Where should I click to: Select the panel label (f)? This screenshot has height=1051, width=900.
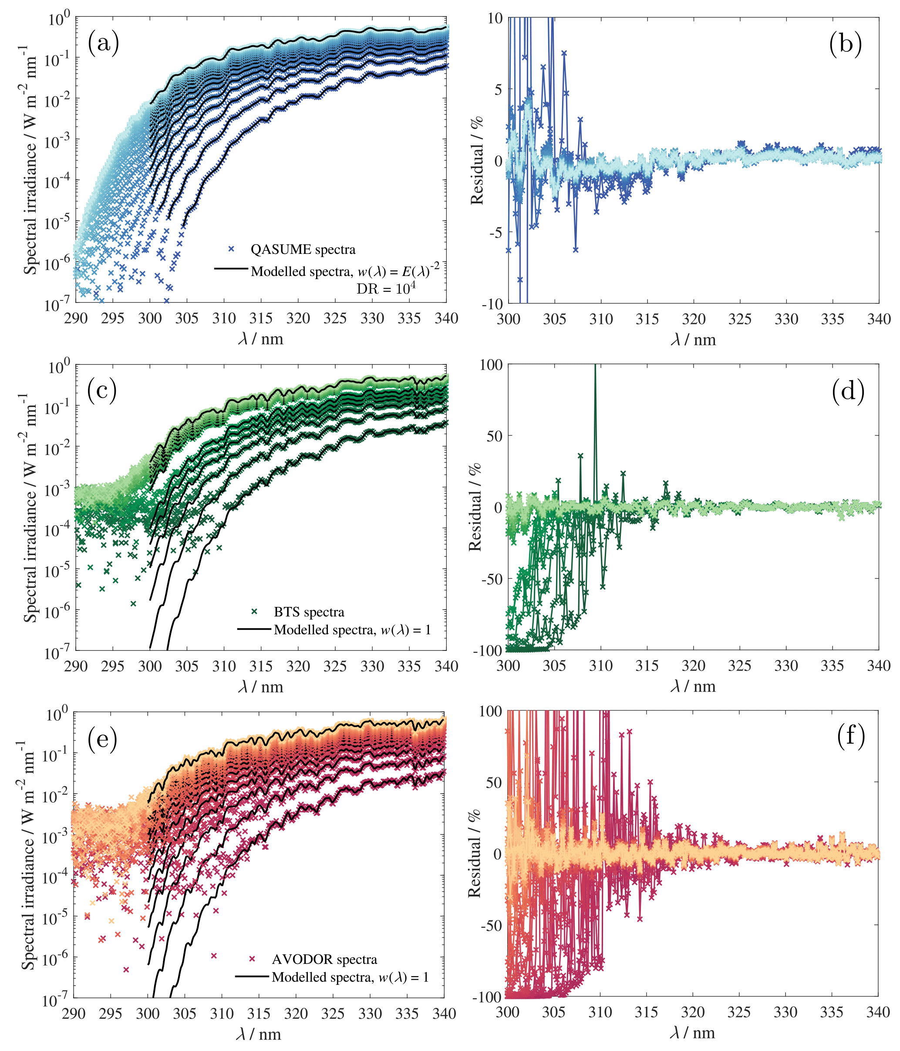[851, 735]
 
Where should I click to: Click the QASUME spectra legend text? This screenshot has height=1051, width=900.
[303, 249]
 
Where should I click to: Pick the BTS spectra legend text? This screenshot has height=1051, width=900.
[309, 612]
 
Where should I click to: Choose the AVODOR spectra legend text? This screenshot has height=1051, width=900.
[324, 959]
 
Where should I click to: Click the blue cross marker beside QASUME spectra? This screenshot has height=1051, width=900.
[231, 249]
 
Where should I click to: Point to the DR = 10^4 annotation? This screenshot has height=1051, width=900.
[386, 288]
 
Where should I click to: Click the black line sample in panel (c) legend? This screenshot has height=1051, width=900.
[254, 630]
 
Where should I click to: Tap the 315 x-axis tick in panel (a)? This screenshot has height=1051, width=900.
[261, 319]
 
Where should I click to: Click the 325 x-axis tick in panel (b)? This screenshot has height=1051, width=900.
[740, 319]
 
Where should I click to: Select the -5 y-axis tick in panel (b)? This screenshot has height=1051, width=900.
[495, 232]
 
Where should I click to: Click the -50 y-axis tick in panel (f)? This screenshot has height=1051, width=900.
[491, 926]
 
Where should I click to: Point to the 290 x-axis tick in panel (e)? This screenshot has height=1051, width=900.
[74, 1014]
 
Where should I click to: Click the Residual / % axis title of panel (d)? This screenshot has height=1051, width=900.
[475, 507]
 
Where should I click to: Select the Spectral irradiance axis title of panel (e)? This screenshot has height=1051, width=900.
[28, 855]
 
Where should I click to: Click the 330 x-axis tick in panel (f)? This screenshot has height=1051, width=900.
[785, 1012]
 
